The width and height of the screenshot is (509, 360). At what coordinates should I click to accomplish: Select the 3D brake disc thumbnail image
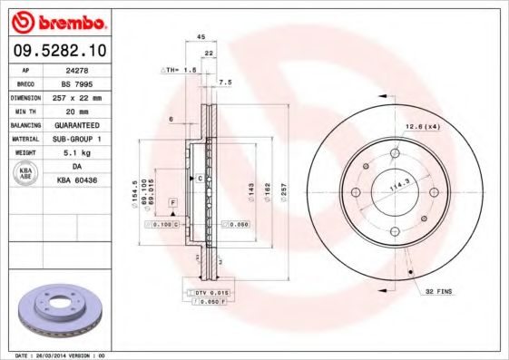(x=54, y=308)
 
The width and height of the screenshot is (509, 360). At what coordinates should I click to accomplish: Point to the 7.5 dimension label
(x=226, y=82)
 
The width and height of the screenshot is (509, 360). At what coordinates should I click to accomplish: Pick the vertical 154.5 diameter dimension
(x=134, y=190)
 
